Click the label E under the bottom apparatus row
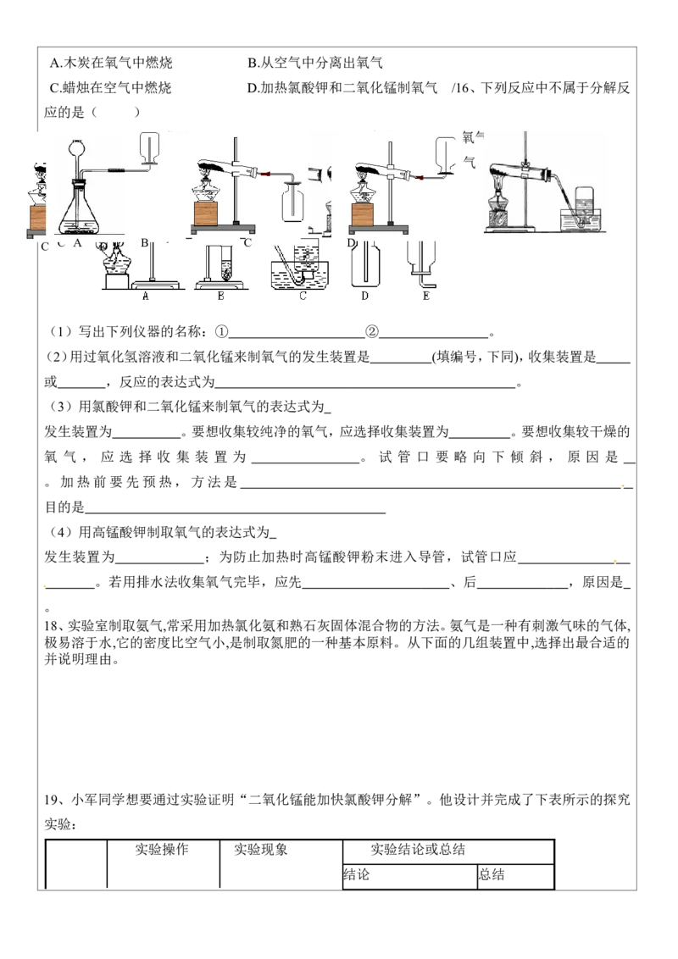(426, 296)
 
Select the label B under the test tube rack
(221, 296)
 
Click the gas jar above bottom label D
(365, 264)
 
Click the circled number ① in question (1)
(221, 332)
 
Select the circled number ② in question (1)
(372, 332)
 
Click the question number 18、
(54, 626)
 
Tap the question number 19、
(54, 800)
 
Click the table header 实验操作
(162, 849)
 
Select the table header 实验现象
(261, 849)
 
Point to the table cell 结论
(357, 874)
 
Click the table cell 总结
(492, 874)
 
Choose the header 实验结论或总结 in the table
(418, 849)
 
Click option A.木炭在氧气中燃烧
(111, 63)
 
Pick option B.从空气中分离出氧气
(315, 63)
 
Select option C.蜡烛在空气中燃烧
(111, 87)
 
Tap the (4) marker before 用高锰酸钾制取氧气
(61, 532)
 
